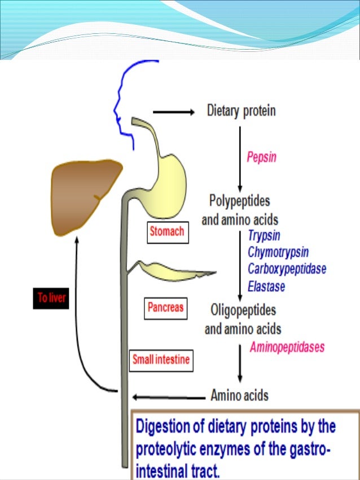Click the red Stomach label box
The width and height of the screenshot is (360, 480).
[167, 232]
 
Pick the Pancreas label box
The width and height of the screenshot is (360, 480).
[166, 308]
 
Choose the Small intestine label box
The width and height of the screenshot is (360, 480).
[161, 358]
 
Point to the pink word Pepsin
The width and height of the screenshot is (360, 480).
[262, 157]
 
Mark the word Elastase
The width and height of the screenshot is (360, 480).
[266, 286]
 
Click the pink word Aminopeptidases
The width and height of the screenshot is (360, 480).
[288, 347]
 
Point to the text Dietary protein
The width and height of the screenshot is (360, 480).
[241, 111]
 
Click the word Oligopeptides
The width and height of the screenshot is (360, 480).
[243, 310]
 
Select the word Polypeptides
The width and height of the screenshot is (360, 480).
[239, 201]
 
